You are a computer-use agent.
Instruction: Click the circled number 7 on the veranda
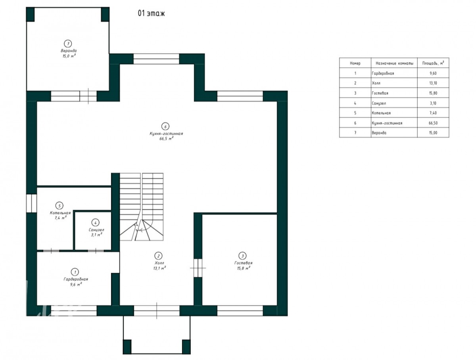(68, 44)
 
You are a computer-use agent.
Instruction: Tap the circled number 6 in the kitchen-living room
(165, 126)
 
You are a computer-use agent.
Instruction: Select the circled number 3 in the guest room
(242, 256)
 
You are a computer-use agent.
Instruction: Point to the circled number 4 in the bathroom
(95, 222)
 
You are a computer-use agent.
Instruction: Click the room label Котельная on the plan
(60, 213)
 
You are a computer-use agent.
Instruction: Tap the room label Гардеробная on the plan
(76, 279)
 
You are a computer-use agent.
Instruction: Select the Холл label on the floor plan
(159, 263)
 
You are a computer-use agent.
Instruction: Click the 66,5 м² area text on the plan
(166, 139)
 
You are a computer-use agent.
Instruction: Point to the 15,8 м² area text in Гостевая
(243, 268)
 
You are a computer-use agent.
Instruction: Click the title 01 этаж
(151, 13)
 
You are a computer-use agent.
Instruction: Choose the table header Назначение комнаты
(394, 63)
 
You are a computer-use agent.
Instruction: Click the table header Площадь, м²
(433, 63)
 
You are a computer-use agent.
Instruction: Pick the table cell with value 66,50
(433, 123)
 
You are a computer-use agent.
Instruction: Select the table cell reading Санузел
(379, 103)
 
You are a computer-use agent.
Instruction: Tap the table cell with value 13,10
(433, 83)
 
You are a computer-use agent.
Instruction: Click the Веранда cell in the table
(379, 133)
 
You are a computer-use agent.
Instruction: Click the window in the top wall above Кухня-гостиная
(156, 59)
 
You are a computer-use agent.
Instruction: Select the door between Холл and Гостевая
(198, 268)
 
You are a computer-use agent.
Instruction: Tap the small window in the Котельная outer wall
(31, 203)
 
